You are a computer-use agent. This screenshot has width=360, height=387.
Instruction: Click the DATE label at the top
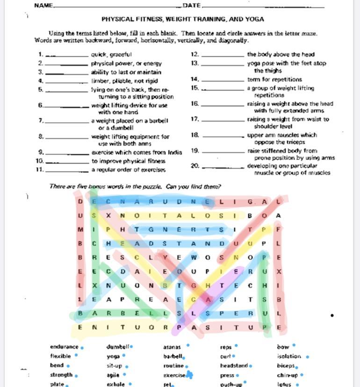click(192, 6)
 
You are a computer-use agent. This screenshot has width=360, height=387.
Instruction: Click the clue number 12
click(195, 54)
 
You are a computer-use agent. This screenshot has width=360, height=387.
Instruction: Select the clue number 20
click(195, 165)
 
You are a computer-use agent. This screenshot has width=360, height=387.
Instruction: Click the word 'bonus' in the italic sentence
click(97, 186)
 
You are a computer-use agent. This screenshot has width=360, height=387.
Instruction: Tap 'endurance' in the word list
click(64, 347)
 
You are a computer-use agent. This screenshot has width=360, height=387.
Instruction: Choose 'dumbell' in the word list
click(117, 347)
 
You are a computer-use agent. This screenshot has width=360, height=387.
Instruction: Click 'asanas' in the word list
click(172, 347)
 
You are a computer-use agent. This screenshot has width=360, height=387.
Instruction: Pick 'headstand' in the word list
click(234, 365)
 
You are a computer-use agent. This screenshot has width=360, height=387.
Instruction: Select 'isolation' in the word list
click(289, 356)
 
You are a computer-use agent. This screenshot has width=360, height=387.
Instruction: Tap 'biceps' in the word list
click(286, 365)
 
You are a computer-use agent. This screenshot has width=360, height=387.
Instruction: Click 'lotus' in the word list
click(284, 384)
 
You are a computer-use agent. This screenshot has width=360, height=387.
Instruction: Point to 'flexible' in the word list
click(61, 356)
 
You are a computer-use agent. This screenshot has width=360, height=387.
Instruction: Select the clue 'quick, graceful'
click(111, 55)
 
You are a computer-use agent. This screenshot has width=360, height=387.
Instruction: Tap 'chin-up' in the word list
click(287, 375)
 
